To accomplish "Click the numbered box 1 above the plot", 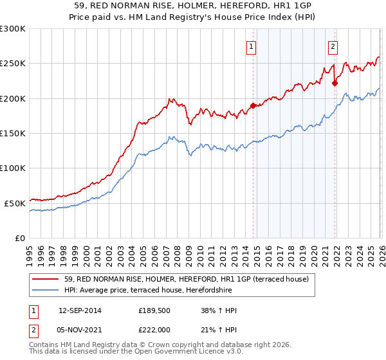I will [250, 46].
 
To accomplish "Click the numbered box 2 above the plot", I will [333, 46].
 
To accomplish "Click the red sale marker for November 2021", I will [335, 83].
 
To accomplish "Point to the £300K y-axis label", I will [13, 29].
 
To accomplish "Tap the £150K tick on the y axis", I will [13, 134].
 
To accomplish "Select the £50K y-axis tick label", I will [15, 203].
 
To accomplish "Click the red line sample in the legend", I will [47, 279].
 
